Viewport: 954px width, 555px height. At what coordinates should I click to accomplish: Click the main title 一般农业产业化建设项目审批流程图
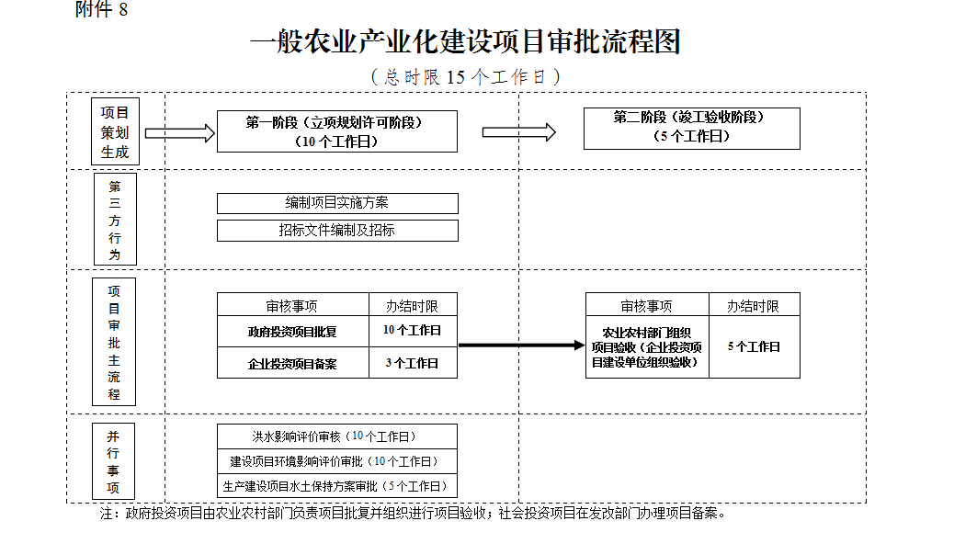[x=465, y=42]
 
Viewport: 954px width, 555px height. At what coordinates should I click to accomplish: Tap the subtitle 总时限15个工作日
[x=465, y=77]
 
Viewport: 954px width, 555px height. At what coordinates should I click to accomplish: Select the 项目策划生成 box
[x=115, y=132]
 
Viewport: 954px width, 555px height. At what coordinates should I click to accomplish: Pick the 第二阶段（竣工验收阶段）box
[x=691, y=128]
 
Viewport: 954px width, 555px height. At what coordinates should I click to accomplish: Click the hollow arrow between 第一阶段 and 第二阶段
[x=519, y=132]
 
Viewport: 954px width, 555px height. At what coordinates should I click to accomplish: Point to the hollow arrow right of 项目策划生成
[x=179, y=133]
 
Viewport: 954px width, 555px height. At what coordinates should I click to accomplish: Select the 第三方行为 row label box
[x=114, y=221]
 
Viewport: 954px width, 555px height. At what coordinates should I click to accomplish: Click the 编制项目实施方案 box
[x=337, y=203]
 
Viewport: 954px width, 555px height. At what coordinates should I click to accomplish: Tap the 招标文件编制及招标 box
[x=337, y=231]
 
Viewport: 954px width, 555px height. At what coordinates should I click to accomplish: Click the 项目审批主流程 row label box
[x=114, y=342]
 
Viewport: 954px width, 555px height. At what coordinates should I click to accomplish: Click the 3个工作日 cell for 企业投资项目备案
[x=413, y=363]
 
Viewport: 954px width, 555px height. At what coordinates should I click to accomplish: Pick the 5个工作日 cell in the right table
[x=754, y=347]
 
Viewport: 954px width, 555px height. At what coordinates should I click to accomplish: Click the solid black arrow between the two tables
[x=521, y=345]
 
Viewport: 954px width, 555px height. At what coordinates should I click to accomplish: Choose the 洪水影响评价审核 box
[x=337, y=436]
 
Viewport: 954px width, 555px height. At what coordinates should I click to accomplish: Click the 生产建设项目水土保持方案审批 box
[x=337, y=486]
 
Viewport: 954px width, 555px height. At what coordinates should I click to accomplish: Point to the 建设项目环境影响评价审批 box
[x=337, y=461]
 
